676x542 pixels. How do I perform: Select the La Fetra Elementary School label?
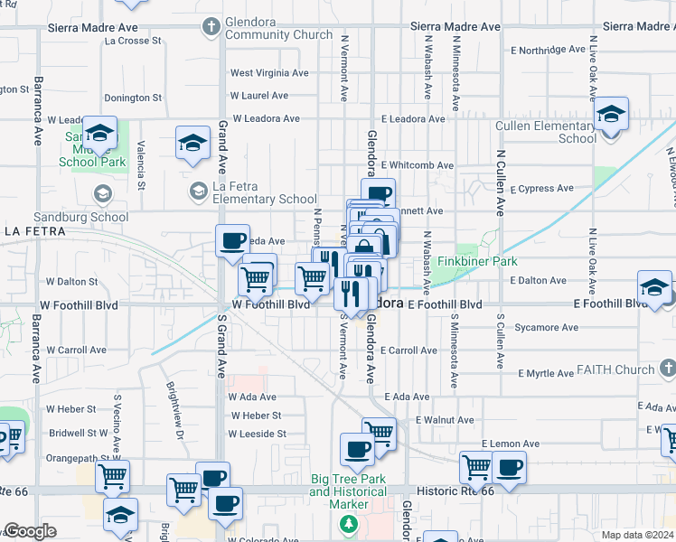click(x=264, y=192)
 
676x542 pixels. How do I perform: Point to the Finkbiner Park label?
click(x=477, y=262)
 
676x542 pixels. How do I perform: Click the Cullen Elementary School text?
click(x=545, y=132)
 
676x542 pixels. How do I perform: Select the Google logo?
click(x=30, y=531)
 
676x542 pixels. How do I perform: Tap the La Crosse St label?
click(x=133, y=41)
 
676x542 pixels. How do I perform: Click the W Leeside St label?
click(x=257, y=434)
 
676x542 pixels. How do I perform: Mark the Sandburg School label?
click(x=69, y=218)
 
